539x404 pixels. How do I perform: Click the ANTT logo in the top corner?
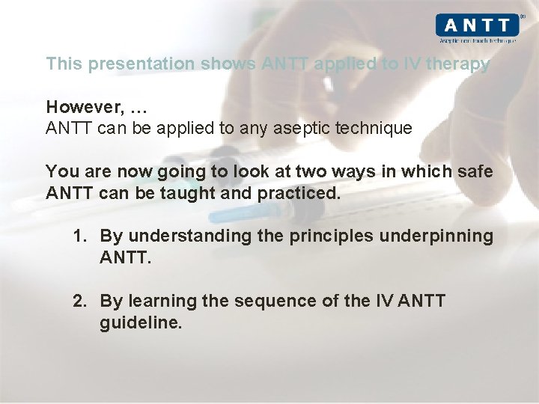(x=477, y=25)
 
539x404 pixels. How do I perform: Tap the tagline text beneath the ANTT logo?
(x=478, y=40)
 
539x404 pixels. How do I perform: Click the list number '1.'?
(x=80, y=236)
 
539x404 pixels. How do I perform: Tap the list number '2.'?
(x=80, y=302)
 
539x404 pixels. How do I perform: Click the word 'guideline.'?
(x=141, y=323)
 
